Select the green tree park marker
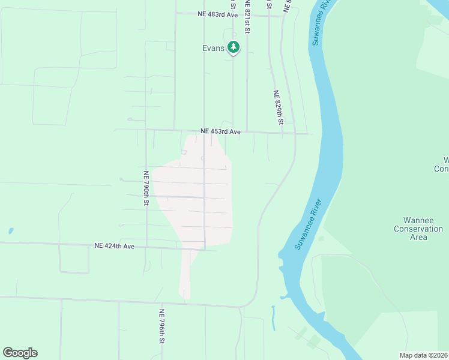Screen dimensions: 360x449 233,47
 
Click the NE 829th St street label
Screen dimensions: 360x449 279,107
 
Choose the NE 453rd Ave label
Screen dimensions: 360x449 220,131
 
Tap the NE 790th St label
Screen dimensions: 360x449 146,188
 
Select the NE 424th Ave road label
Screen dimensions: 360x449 115,245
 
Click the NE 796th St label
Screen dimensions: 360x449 161,326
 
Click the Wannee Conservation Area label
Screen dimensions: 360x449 418,229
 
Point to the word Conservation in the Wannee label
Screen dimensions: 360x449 418,229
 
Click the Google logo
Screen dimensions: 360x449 20,353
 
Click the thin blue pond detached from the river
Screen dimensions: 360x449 273,317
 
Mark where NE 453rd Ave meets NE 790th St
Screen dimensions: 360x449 146,130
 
